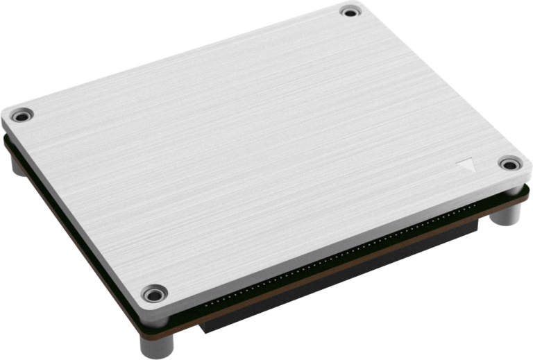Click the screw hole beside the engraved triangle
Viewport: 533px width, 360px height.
tap(509, 164)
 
